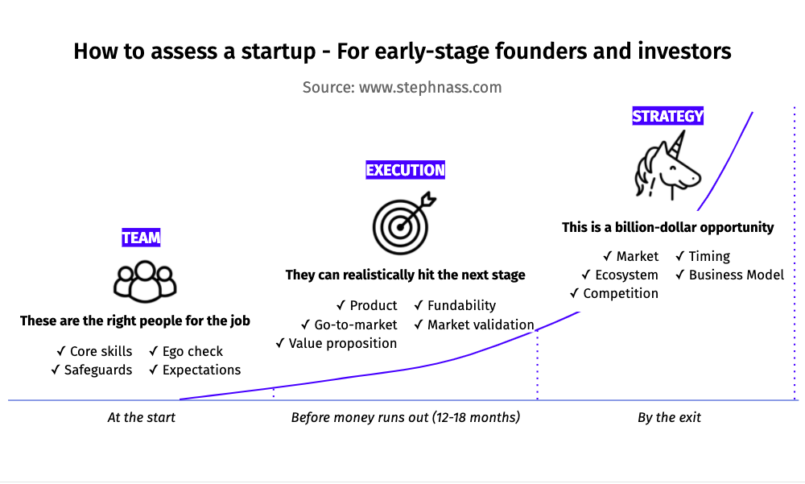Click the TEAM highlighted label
141,238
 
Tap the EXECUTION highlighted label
405,170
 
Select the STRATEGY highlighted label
667,116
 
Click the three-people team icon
145,281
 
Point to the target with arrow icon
404,224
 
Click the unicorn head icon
668,165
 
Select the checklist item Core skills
94,351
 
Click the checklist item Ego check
186,351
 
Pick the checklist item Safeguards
92,370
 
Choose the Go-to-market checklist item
349,325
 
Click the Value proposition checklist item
336,343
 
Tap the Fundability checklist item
455,306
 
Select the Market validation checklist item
474,325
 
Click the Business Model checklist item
730,275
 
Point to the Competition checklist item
614,293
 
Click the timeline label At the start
141,417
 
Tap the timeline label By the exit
669,417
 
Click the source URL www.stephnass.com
430,87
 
